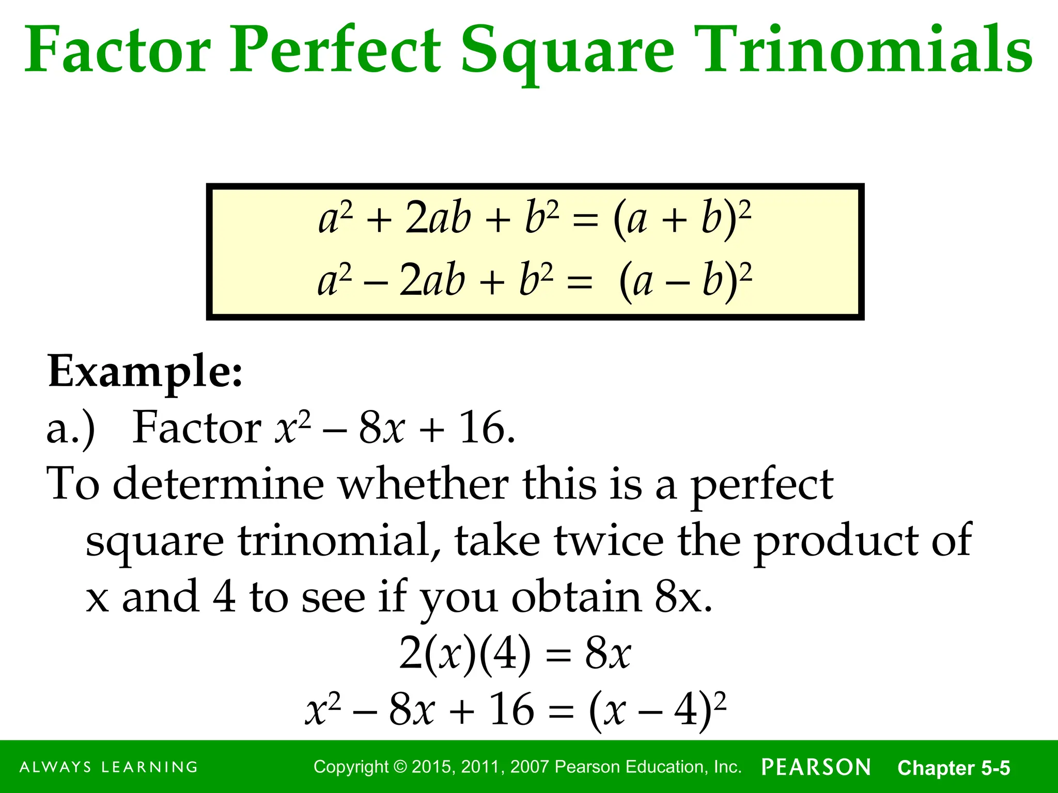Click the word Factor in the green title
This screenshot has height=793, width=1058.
point(118,51)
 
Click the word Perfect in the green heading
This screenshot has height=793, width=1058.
point(335,51)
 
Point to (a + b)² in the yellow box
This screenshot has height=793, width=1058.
point(682,219)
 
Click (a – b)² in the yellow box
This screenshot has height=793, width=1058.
point(685,281)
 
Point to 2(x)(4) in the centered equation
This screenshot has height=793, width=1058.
point(465,654)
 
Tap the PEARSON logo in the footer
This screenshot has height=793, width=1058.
point(816,767)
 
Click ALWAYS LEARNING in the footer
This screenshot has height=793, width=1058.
point(108,767)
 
